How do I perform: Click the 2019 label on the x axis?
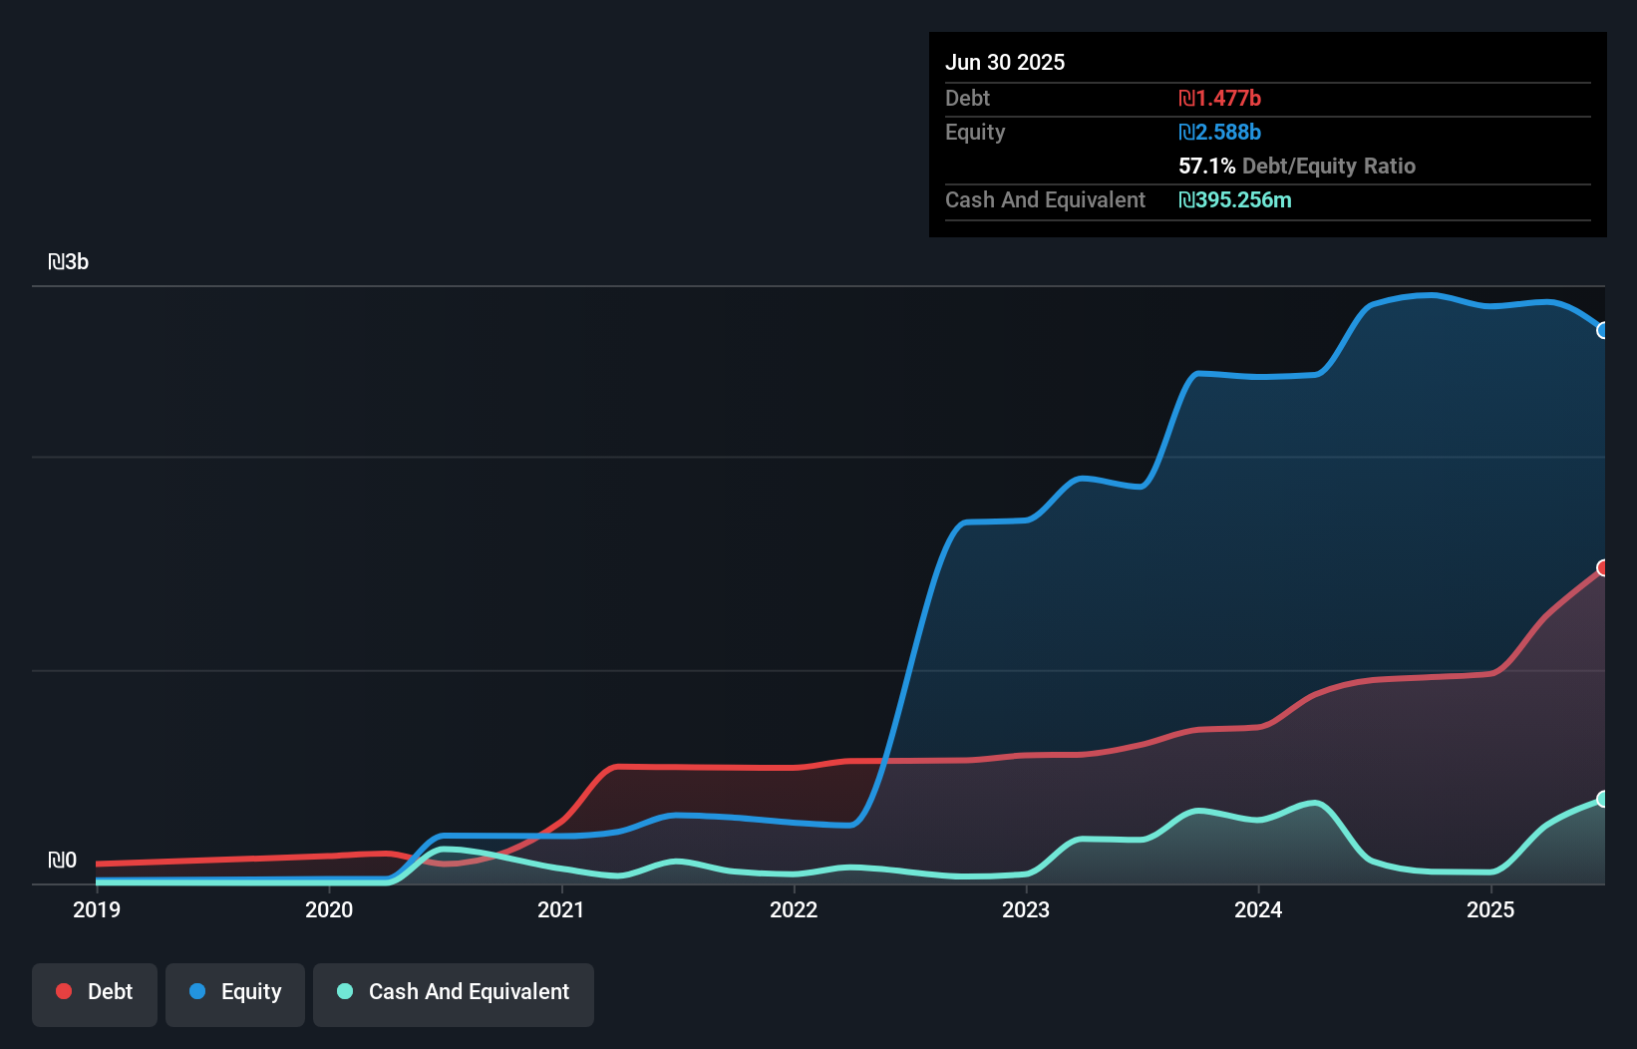pyautogui.click(x=97, y=909)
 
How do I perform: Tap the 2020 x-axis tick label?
pyautogui.click(x=329, y=909)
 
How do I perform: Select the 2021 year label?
pyautogui.click(x=561, y=909)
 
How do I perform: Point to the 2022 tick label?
pyautogui.click(x=794, y=909)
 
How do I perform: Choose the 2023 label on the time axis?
pyautogui.click(x=1026, y=909)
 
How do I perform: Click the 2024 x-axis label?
pyautogui.click(x=1258, y=909)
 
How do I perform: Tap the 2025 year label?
pyautogui.click(x=1490, y=909)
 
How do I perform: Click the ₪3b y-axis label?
pyautogui.click(x=69, y=262)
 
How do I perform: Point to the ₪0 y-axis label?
pyautogui.click(x=62, y=860)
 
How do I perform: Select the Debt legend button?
pyautogui.click(x=95, y=992)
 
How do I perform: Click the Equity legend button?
pyautogui.click(x=235, y=992)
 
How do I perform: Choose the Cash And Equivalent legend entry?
pyautogui.click(x=454, y=992)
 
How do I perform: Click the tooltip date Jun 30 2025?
pyautogui.click(x=1005, y=62)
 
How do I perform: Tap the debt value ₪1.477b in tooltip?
pyautogui.click(x=1219, y=98)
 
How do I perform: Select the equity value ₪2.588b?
pyautogui.click(x=1219, y=132)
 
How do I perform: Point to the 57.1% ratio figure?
pyautogui.click(x=1206, y=166)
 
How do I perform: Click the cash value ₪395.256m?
pyautogui.click(x=1234, y=199)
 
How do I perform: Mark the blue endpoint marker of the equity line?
pyautogui.click(x=1603, y=330)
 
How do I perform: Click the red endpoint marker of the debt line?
pyautogui.click(x=1603, y=567)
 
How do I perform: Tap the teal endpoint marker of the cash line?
pyautogui.click(x=1603, y=799)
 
